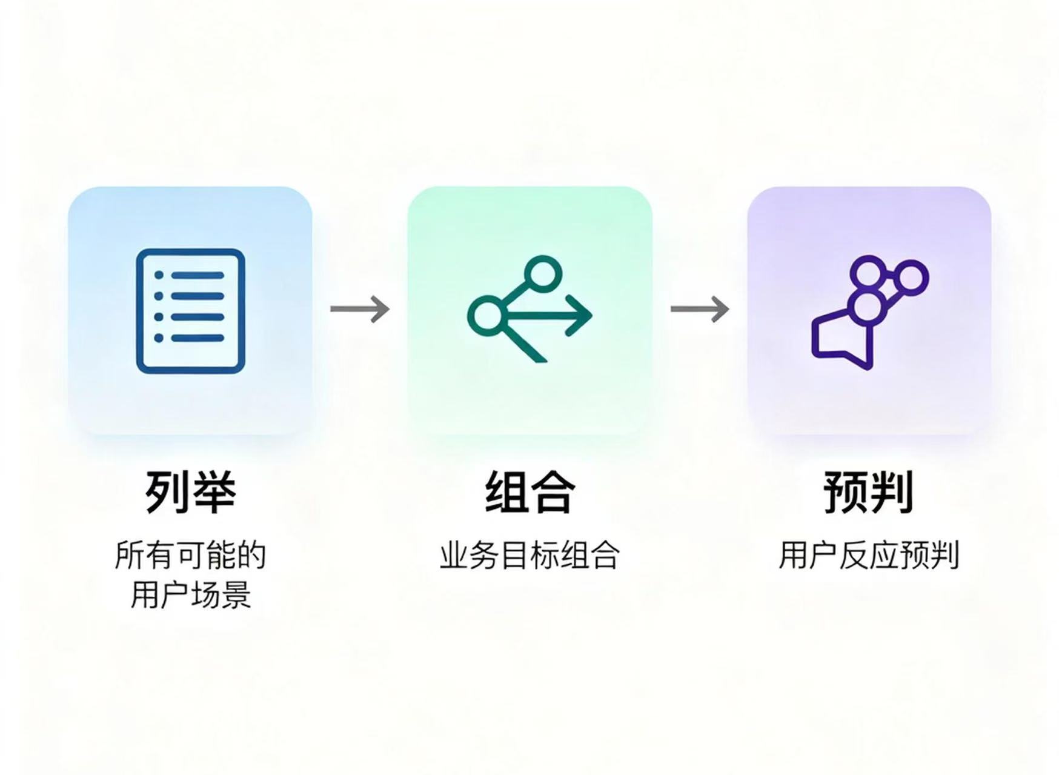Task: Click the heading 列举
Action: (190, 491)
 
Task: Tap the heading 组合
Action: (529, 491)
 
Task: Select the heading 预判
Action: (868, 491)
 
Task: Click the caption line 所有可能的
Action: (190, 555)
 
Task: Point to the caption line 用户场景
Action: (190, 594)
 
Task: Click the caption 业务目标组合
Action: (529, 555)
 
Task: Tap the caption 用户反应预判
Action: (868, 555)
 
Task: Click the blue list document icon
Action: (190, 311)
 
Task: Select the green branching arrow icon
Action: (529, 310)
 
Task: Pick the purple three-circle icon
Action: (869, 311)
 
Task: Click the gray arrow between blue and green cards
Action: (360, 309)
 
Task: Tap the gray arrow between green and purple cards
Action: (700, 309)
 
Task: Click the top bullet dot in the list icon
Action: (159, 275)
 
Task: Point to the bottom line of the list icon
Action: (198, 338)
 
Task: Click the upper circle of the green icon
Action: (543, 272)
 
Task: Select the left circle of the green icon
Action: (486, 315)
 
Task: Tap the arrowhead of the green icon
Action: (582, 315)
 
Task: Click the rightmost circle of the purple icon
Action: (910, 279)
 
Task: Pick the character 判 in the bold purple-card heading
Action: (891, 491)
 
